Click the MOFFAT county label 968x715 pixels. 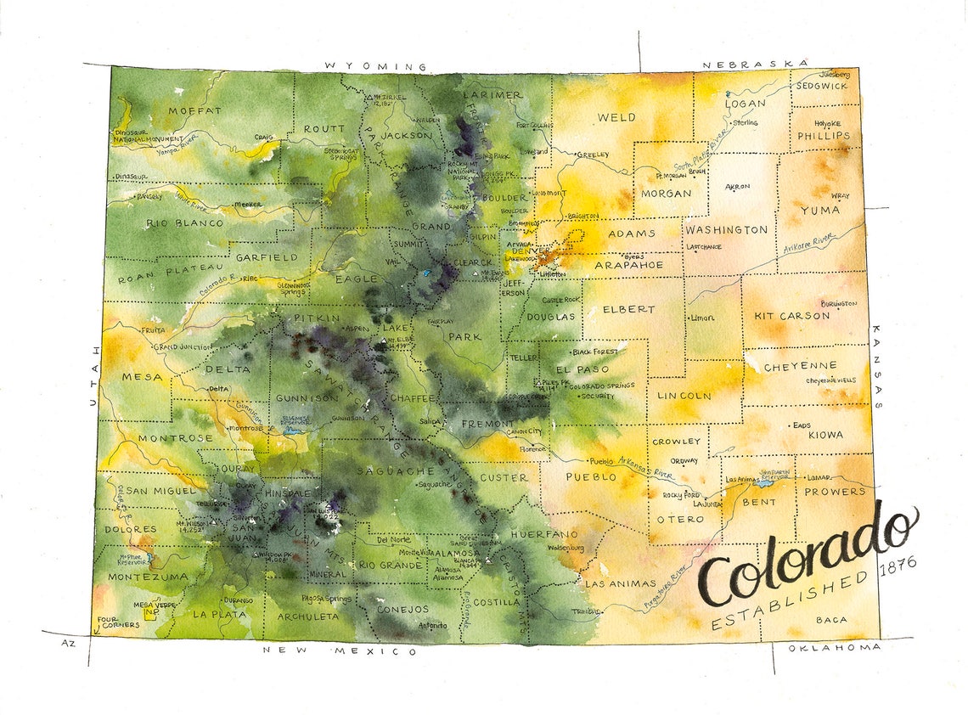[194, 110]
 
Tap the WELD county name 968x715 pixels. [616, 118]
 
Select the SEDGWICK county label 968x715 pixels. [822, 86]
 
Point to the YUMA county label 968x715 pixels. [819, 210]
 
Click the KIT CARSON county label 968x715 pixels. [791, 316]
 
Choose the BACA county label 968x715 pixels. [830, 620]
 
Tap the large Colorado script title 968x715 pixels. [807, 556]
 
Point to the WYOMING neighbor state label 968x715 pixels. [374, 66]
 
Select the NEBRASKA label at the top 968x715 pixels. [752, 64]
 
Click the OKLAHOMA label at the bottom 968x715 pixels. [833, 648]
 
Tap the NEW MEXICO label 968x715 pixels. [340, 650]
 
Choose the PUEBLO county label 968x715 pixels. [591, 477]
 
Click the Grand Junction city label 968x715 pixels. [183, 347]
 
